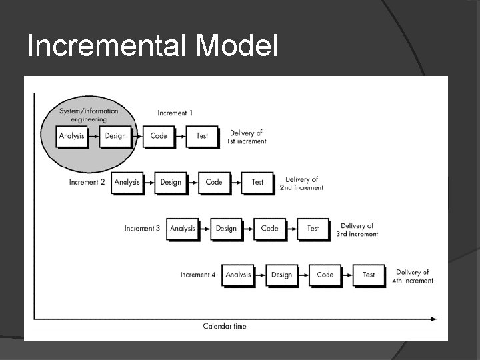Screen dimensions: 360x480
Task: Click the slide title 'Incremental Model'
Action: click(152, 45)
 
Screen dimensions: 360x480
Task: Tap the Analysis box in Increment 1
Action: click(71, 136)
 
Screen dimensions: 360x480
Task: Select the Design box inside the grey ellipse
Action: click(115, 136)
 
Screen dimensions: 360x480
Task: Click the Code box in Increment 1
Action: click(159, 136)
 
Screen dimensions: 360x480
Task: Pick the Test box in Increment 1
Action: click(202, 136)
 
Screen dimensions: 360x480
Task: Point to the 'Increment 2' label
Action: click(87, 182)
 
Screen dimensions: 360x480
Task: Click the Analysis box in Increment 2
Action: click(127, 182)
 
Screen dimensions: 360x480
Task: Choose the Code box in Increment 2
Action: click(214, 182)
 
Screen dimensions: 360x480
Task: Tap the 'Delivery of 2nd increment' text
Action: click(301, 183)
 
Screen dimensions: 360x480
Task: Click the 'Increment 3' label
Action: click(143, 229)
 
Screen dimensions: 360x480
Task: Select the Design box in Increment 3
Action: click(226, 229)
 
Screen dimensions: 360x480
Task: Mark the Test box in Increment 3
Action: click(313, 229)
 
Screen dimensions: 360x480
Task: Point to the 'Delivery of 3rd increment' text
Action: click(357, 230)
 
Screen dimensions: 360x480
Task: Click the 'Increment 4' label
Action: click(198, 275)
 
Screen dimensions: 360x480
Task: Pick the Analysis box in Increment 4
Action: click(238, 275)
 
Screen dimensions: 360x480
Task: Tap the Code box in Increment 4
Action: click(325, 275)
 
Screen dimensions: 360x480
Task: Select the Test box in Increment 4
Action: click(369, 275)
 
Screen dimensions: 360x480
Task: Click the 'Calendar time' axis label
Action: click(225, 326)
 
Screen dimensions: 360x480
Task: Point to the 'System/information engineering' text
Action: click(89, 115)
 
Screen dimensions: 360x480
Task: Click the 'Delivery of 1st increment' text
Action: click(247, 137)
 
